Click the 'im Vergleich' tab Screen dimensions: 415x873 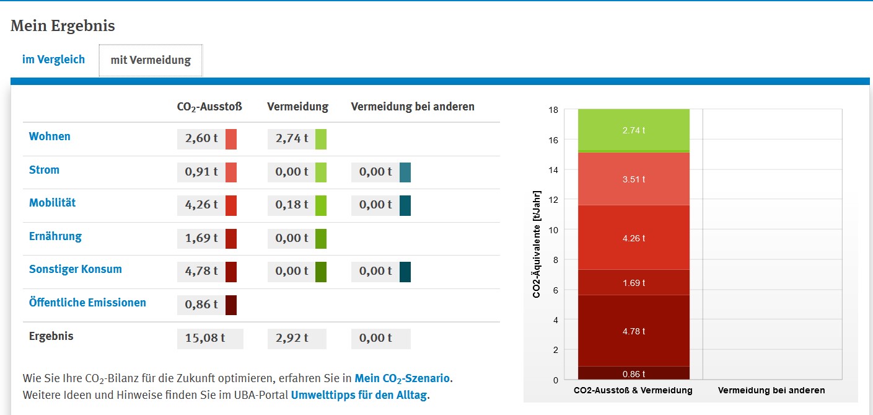click(53, 60)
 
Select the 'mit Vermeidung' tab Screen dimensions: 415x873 click(151, 60)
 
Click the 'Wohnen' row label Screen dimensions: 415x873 click(50, 136)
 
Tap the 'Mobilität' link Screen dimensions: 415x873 click(52, 203)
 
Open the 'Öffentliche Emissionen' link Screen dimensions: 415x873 click(87, 303)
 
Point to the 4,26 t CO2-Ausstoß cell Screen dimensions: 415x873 click(201, 205)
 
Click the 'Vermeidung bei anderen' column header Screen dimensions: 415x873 click(413, 107)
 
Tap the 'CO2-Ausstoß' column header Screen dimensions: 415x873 click(209, 107)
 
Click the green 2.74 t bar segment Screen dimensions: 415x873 click(634, 130)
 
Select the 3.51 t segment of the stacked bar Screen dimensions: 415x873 click(634, 179)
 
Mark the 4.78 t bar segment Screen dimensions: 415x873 click(634, 331)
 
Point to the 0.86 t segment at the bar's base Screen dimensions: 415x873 click(634, 373)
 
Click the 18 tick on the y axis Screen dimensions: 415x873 click(553, 110)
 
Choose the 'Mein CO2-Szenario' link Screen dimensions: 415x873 click(402, 378)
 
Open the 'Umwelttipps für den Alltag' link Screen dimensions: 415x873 click(359, 395)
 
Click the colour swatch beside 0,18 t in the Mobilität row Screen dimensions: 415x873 click(321, 205)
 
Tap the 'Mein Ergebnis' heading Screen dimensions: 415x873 click(63, 26)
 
